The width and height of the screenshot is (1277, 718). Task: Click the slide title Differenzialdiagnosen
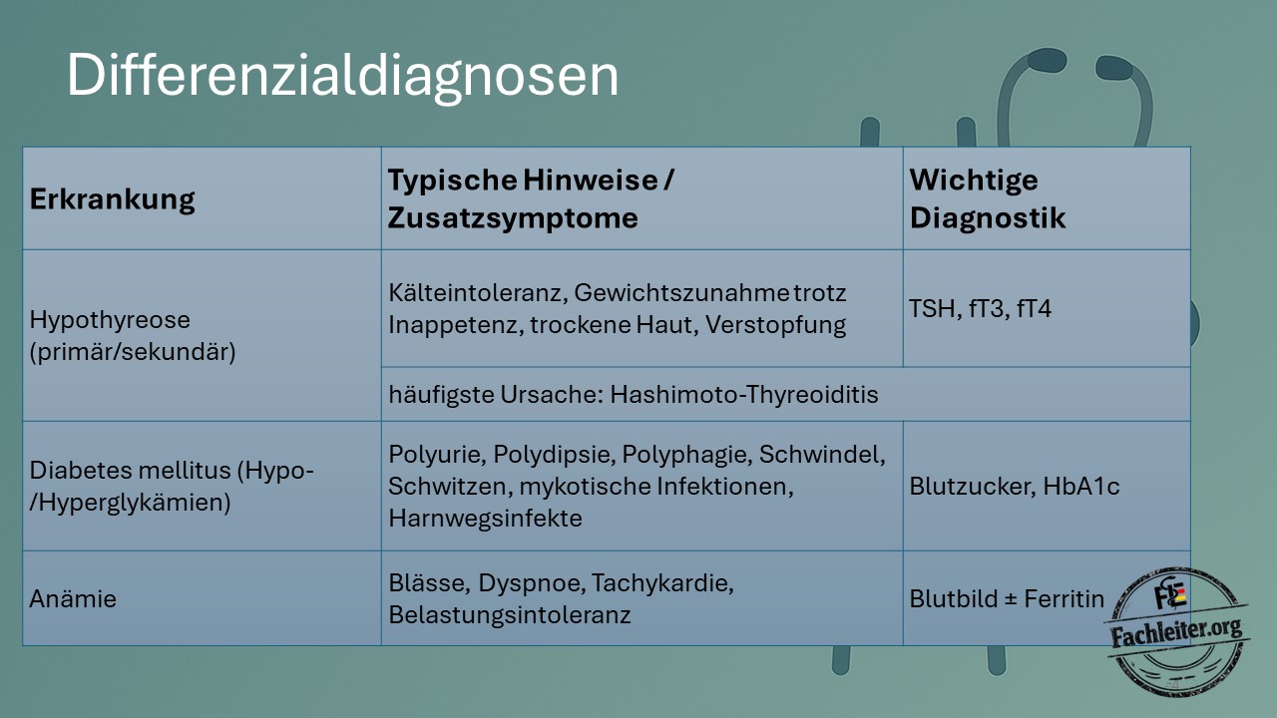coord(342,76)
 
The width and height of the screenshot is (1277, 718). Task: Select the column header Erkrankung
coord(113,200)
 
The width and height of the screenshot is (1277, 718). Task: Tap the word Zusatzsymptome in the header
coord(513,218)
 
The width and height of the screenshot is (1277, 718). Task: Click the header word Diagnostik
coord(988,217)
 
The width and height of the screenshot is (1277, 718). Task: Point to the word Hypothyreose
coord(110,320)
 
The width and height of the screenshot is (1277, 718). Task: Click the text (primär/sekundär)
coord(133,352)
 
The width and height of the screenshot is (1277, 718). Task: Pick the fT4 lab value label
coord(1035,309)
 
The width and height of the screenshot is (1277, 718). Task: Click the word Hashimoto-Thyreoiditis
coord(744,394)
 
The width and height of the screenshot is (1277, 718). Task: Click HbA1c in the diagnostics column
coord(1080,487)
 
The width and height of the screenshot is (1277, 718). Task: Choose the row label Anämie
coord(73,599)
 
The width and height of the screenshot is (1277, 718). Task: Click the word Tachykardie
coord(662,583)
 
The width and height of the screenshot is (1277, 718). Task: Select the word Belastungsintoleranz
coord(510,615)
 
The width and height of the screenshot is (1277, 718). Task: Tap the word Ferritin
coord(1064,599)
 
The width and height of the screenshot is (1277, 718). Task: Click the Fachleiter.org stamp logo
coord(1176,631)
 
